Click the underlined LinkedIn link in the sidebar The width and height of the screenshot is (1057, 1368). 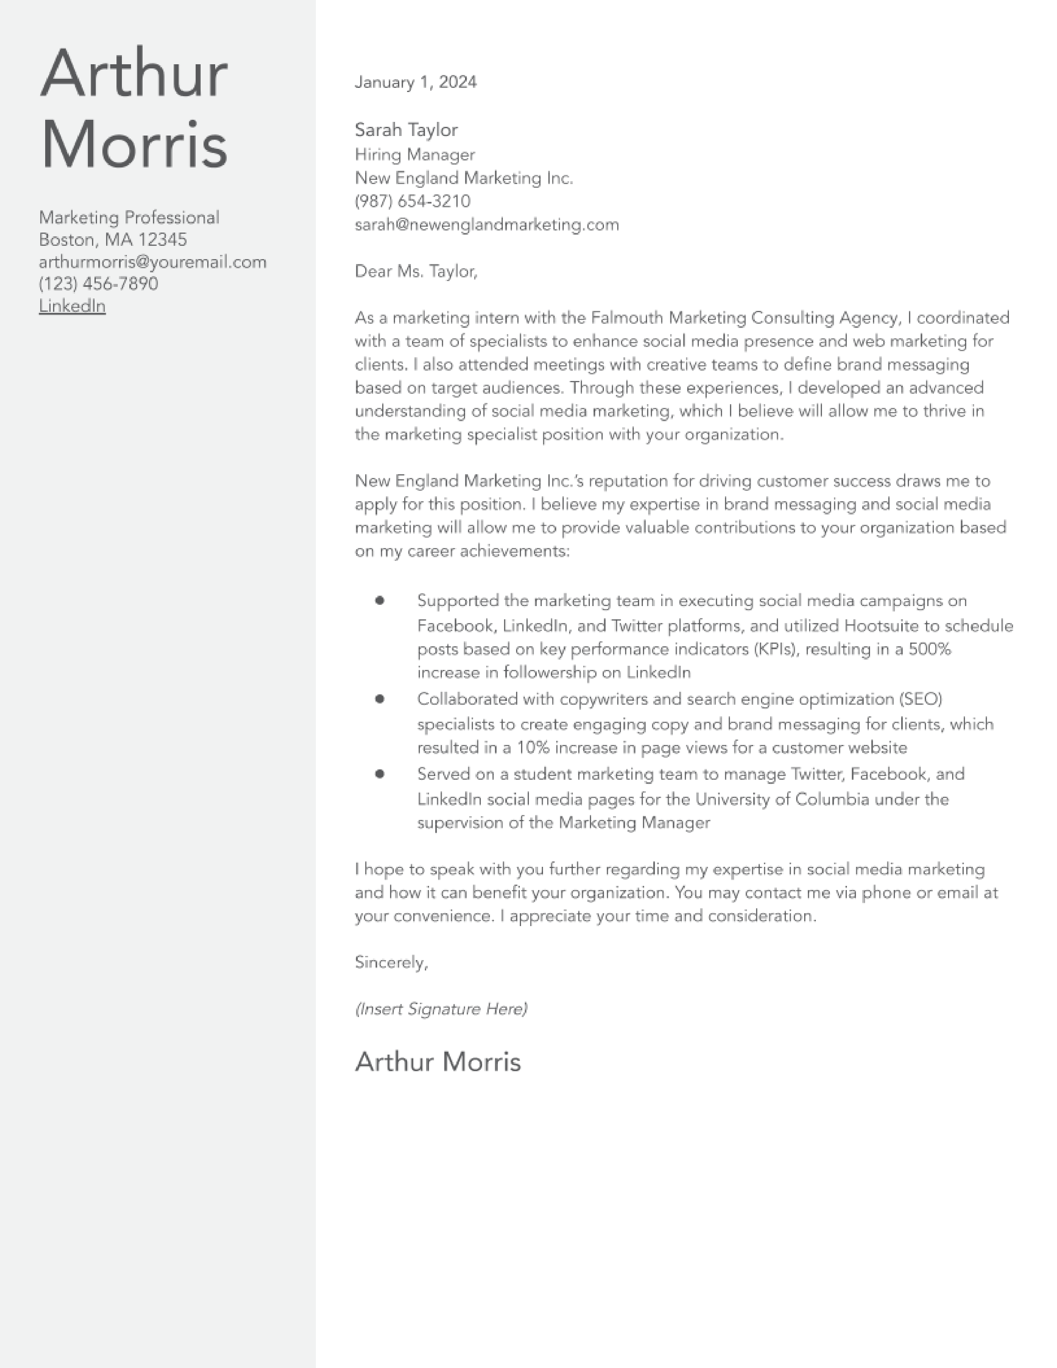point(72,306)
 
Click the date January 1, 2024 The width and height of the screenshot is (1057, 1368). point(415,82)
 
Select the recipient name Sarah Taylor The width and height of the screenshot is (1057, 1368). point(406,130)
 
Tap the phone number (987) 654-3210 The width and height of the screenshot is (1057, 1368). point(412,202)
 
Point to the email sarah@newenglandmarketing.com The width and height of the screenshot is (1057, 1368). point(487,225)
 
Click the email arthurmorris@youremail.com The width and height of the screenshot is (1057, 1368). point(152,262)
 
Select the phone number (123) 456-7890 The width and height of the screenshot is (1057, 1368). point(98,284)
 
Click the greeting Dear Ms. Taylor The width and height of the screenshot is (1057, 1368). point(415,271)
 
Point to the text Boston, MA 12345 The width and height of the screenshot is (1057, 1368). point(113,240)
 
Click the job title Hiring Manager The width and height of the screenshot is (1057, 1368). point(415,155)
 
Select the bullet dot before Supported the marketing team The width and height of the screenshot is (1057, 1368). point(379,601)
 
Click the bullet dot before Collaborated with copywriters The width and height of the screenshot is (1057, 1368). point(379,699)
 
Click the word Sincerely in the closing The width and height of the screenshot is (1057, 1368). point(390,963)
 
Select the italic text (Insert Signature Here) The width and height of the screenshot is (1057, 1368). point(441,1009)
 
